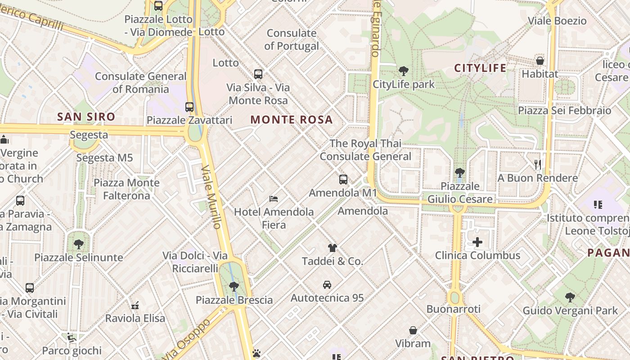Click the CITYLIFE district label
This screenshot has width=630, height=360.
click(x=480, y=68)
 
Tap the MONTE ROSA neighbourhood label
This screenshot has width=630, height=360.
click(x=292, y=120)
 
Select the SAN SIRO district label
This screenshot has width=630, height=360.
click(x=86, y=117)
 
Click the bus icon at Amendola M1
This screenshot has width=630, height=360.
click(x=343, y=180)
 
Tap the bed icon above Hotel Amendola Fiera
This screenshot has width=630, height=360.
click(x=273, y=198)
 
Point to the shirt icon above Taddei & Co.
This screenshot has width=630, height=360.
click(x=332, y=247)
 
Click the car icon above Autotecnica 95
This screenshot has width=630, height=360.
click(x=327, y=285)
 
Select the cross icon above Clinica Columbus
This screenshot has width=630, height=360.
click(x=477, y=243)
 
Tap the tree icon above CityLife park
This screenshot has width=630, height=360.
click(x=403, y=71)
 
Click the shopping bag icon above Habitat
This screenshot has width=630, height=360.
click(x=540, y=61)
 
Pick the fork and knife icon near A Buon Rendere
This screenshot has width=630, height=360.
click(x=537, y=165)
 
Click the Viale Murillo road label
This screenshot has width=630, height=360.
click(x=211, y=197)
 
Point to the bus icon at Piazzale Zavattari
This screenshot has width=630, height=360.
click(x=189, y=107)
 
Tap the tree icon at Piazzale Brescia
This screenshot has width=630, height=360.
click(x=234, y=286)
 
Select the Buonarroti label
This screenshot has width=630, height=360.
click(x=453, y=309)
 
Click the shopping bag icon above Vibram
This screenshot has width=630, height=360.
click(x=413, y=330)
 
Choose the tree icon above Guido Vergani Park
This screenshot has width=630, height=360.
click(x=570, y=297)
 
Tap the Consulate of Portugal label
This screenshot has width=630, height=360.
click(x=292, y=39)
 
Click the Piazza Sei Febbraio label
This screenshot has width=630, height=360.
click(x=564, y=111)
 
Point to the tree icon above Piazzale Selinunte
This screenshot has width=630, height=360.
click(x=79, y=244)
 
